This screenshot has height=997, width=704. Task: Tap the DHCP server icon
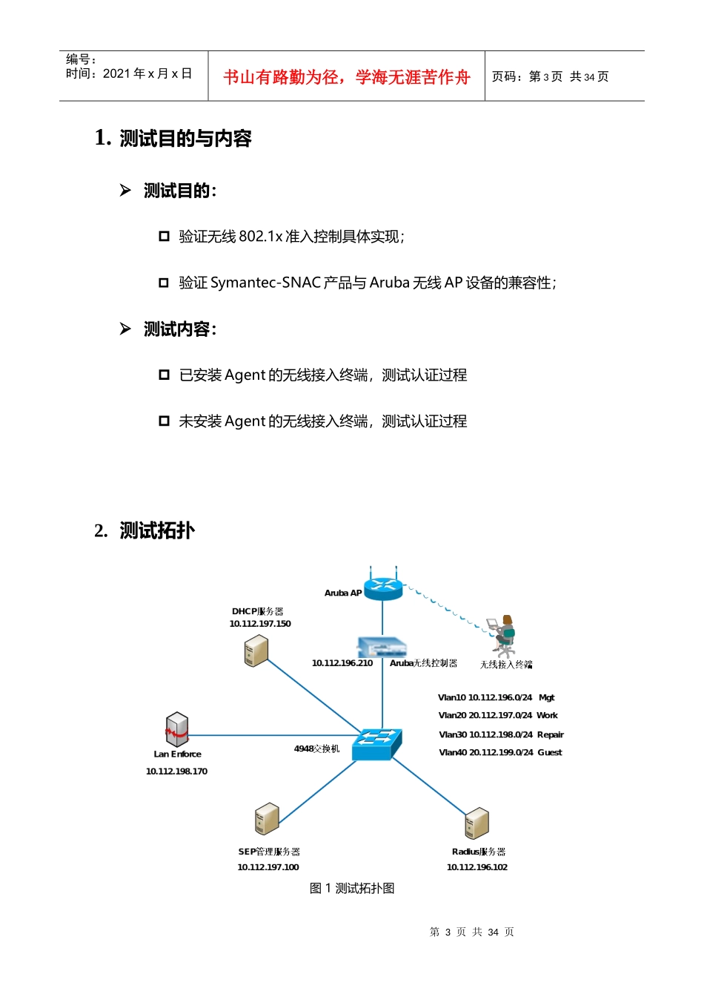point(256,651)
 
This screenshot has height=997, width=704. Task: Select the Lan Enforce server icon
point(177,729)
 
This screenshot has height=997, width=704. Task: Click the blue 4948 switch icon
point(377,744)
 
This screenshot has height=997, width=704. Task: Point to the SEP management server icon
point(267,819)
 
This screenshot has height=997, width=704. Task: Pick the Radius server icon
point(476,823)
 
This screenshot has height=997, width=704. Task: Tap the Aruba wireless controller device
point(382,646)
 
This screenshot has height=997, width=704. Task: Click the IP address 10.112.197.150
point(260,624)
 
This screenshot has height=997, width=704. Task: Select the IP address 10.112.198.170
point(176,771)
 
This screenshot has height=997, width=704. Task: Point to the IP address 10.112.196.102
point(477,867)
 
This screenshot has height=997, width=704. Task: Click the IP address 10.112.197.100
point(268,867)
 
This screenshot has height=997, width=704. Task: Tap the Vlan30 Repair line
point(501,735)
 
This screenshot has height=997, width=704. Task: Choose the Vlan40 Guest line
point(500,753)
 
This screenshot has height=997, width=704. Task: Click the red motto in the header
point(347,77)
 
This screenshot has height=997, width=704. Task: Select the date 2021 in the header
point(117,73)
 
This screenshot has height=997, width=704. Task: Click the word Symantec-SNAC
point(265,283)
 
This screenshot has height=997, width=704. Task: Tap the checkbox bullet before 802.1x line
point(164,236)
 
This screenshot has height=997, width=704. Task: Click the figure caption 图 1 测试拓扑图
point(352,889)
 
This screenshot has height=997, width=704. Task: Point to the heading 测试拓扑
point(157,530)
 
